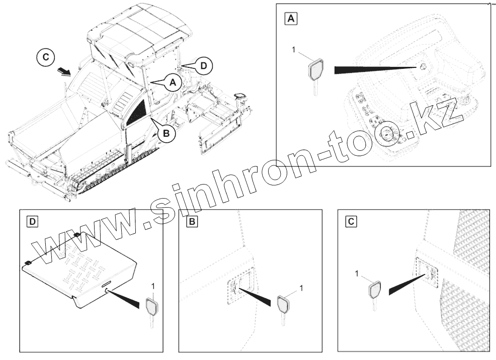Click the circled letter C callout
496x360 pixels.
click(46, 57)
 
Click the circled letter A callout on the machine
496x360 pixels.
click(173, 82)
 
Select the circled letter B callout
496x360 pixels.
click(166, 133)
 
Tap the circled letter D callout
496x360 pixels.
click(204, 66)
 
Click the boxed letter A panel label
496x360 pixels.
click(290, 19)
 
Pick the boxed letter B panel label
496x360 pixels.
click(192, 222)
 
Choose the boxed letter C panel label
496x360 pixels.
click(351, 222)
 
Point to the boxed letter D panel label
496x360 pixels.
click(32, 222)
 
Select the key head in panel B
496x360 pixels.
click(283, 304)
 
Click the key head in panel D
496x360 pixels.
click(151, 307)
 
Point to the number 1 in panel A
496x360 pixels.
click(294, 50)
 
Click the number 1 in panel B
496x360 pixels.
click(301, 288)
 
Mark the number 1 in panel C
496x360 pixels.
click(357, 274)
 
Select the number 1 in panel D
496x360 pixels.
click(153, 287)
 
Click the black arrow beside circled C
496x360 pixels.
click(65, 72)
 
